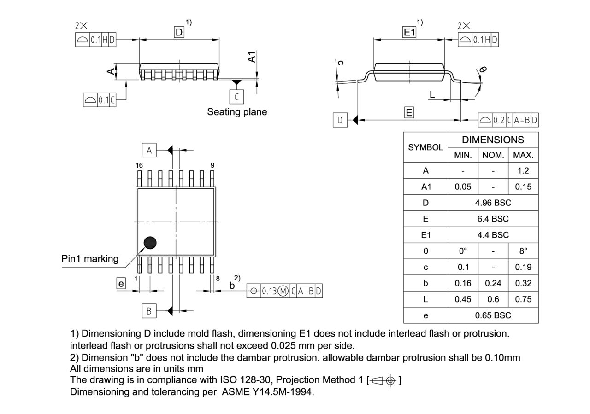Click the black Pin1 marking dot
pos(150,243)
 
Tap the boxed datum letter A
pos(149,150)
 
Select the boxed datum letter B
pos(149,311)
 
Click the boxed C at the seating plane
pos(236,97)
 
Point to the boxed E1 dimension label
pos(409,32)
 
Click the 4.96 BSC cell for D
pos(493,203)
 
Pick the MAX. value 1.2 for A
pos(523,170)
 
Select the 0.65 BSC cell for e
pos(493,315)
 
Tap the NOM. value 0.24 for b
pos(493,283)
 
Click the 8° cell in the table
pos(523,251)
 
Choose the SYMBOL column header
pos(425,147)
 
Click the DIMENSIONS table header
pos(493,140)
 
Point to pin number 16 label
pos(139,165)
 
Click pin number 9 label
pos(212,165)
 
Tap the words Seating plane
pos(237,112)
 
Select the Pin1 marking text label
pos(90,259)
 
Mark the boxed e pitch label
pos(121,284)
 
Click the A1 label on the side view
pos(252,57)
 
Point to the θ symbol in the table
pos(425,251)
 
